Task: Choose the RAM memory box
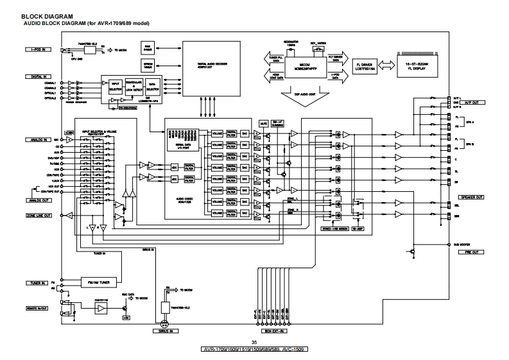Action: coord(148,48)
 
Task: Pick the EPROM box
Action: coord(148,65)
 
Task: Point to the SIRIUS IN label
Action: coord(164,332)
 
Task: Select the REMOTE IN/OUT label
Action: coord(39,309)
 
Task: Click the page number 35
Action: coord(254,342)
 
